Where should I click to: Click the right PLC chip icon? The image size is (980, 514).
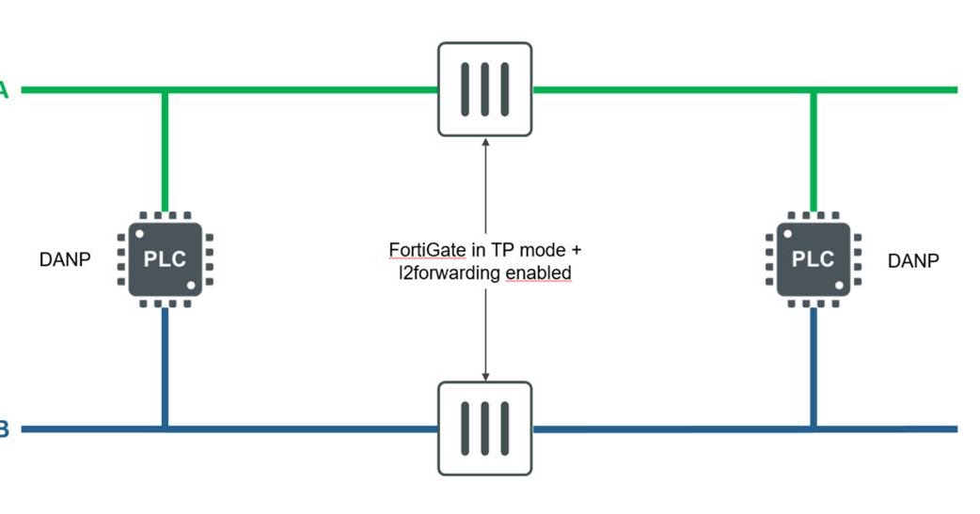point(814,259)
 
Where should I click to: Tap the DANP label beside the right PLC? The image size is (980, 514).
point(912,260)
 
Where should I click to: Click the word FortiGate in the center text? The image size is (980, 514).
point(424,251)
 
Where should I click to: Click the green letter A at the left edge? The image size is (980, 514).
point(4,90)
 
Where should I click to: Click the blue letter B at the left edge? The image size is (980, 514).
point(4,429)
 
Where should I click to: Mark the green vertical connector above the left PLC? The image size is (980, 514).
point(165,150)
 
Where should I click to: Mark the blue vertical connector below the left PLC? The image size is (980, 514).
point(165,366)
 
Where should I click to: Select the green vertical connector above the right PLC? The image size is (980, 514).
point(814,150)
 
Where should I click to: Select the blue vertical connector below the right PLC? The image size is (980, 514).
point(814,366)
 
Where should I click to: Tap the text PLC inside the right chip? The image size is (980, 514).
point(814,259)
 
